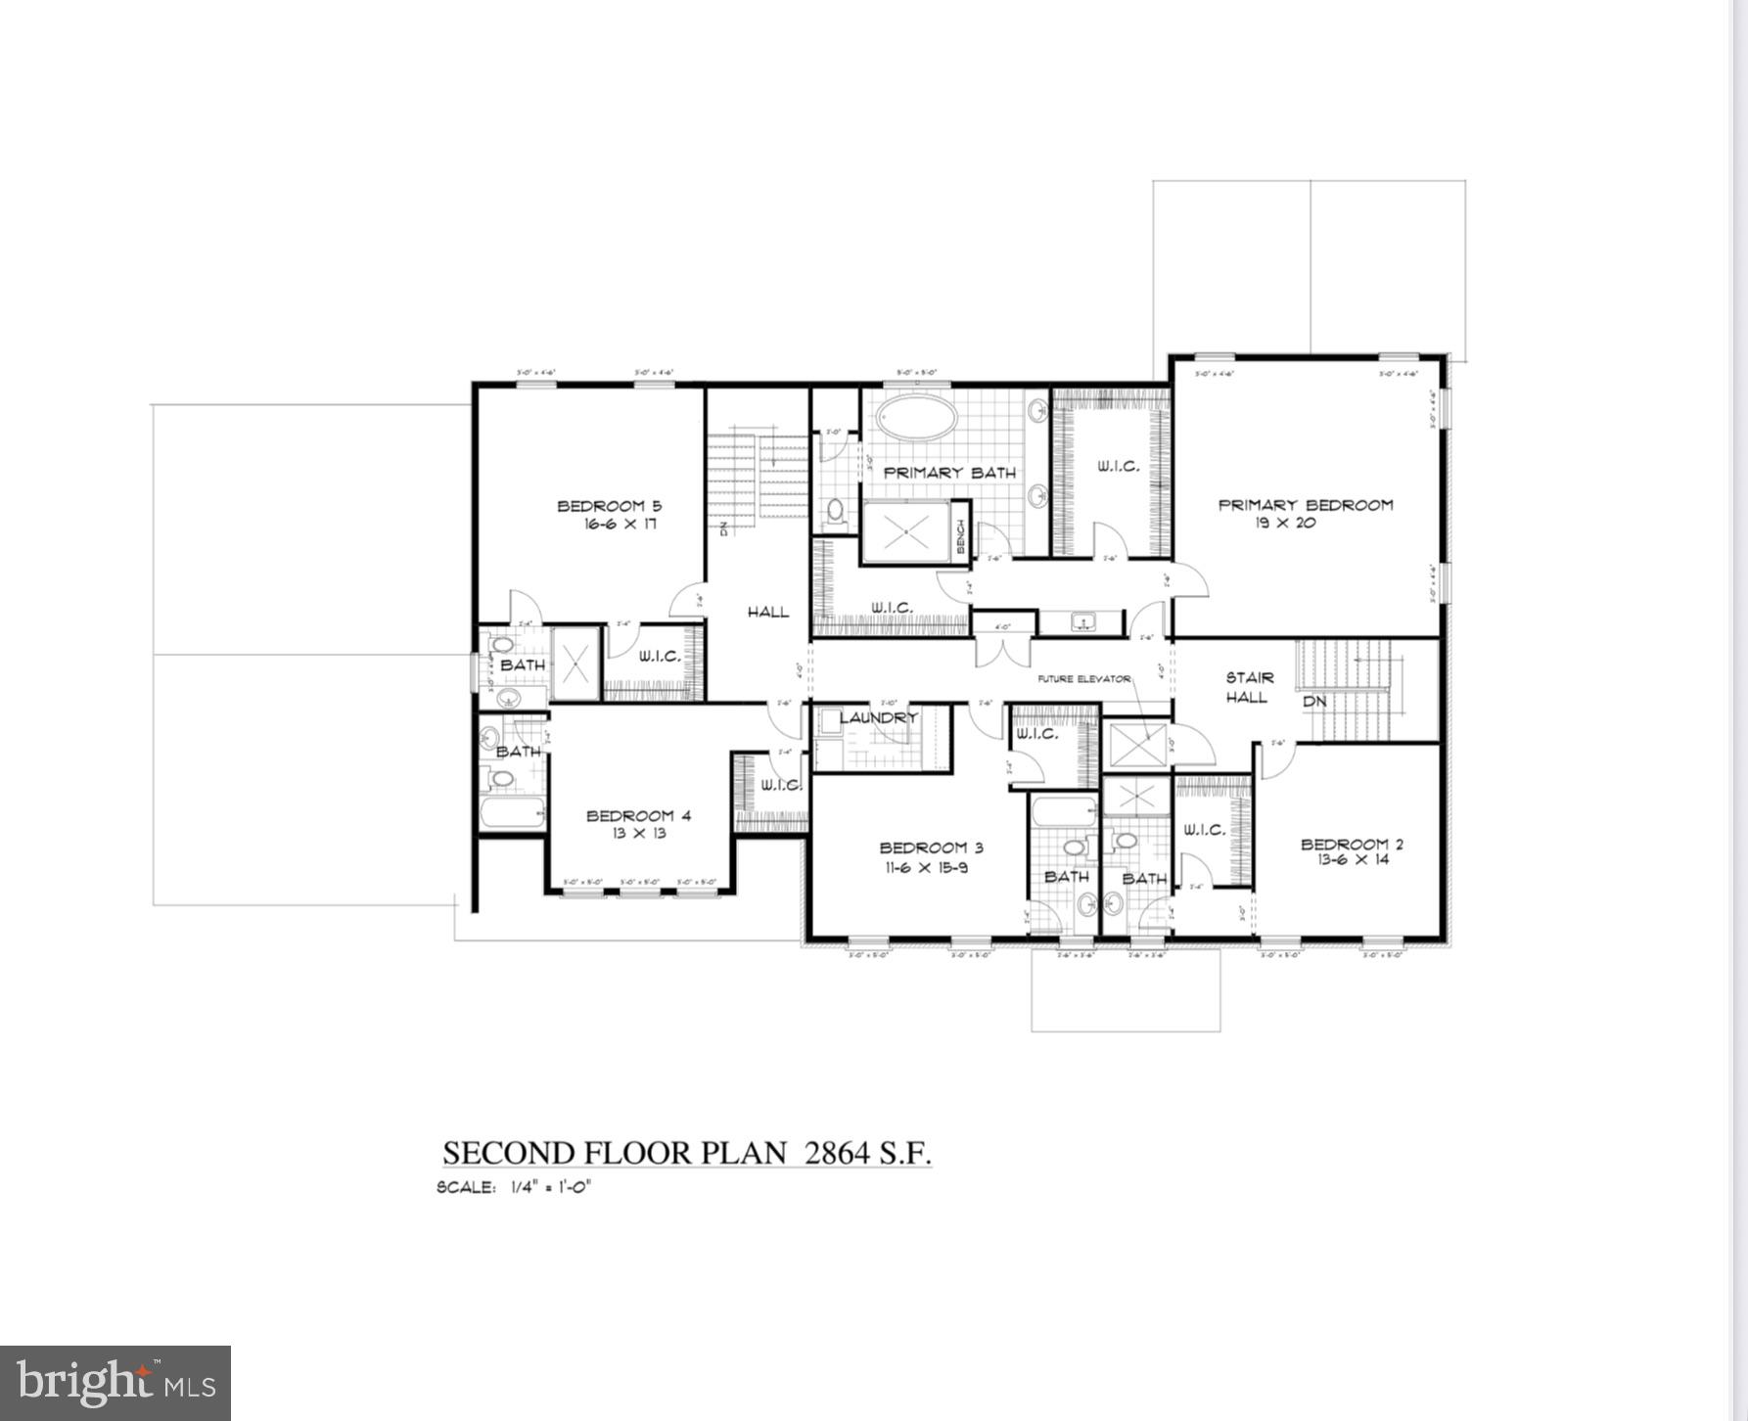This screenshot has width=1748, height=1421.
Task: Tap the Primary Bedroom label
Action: pos(1306,505)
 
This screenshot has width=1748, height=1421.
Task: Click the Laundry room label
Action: pos(878,717)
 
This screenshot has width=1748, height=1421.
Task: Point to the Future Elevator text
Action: pos(1084,678)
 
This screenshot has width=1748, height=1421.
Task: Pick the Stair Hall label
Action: pos(1249,687)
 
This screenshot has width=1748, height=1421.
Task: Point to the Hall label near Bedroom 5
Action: pos(768,612)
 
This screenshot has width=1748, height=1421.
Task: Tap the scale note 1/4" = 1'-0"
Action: pos(551,1188)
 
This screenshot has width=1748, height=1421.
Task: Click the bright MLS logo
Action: pos(115,1382)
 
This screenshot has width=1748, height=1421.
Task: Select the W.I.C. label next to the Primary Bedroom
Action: pos(1118,467)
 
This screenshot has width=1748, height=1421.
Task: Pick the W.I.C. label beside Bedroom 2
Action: pos(1204,830)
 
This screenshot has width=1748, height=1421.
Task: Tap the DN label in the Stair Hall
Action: pos(1313,702)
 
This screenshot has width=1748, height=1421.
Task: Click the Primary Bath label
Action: pos(949,473)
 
